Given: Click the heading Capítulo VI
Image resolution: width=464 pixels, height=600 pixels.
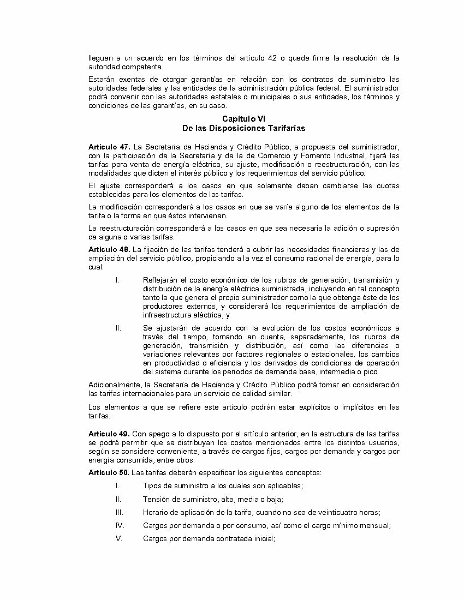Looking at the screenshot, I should [243, 118].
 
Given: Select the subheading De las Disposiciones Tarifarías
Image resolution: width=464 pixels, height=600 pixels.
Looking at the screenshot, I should [243, 128].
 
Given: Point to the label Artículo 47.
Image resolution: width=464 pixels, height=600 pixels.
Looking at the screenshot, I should [109, 147].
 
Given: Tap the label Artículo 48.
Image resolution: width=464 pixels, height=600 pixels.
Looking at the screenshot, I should [109, 249].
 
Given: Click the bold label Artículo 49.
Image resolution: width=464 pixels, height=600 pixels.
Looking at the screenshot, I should [109, 433].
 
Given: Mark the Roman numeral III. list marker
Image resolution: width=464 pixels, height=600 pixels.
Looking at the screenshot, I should [119, 512].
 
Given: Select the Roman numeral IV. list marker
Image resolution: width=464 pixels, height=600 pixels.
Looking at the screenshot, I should [120, 526].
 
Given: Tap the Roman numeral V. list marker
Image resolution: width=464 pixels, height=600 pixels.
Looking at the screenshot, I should [118, 539].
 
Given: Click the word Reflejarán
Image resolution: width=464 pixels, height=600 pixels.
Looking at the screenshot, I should [160, 280].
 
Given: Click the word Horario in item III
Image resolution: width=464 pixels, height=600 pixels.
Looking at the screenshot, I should [155, 512].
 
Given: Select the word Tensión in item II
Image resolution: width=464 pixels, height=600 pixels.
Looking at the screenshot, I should [156, 499].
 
